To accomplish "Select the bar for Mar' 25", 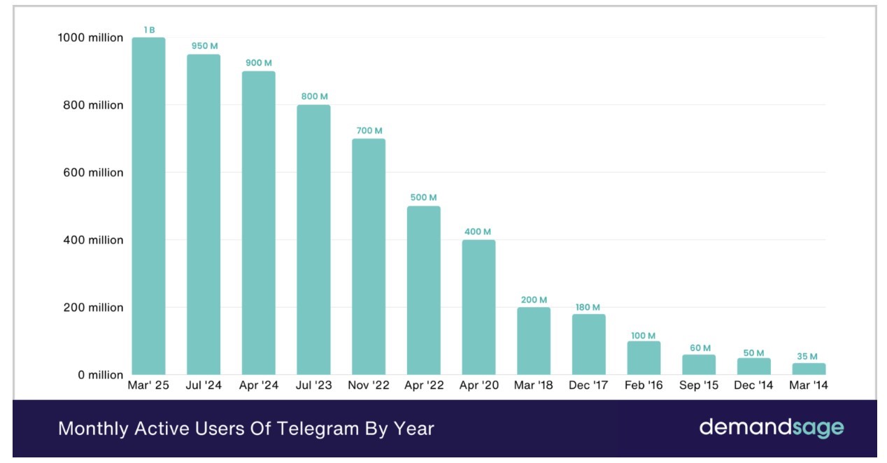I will point(148,206).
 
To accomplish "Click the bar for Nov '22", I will point(369,257).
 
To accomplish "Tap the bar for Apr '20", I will point(478,307).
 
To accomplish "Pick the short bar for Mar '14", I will point(809,369).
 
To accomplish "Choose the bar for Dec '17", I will point(588,344).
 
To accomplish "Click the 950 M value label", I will point(204,46).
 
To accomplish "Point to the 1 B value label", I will point(148,29).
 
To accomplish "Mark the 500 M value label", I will point(423,198).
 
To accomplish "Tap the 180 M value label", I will point(588,307).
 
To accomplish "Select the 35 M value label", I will point(809,356).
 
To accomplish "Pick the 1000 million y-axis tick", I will point(91,38).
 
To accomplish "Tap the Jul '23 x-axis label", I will point(313,386).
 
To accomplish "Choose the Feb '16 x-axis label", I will point(644,386).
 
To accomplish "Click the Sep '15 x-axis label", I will point(699,386).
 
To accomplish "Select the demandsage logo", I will point(772,427).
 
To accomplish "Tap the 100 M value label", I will point(644,336).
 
